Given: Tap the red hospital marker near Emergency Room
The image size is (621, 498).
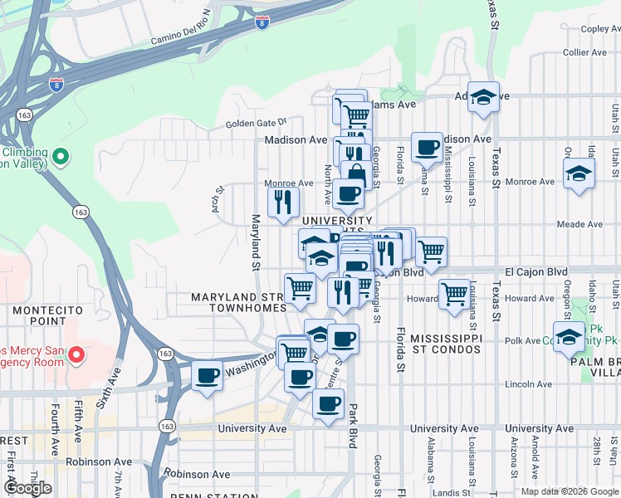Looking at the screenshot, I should pos(76,356).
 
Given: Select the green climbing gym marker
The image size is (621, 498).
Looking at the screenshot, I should pos(60,156).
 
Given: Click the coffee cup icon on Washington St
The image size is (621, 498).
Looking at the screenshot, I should pos(207,375).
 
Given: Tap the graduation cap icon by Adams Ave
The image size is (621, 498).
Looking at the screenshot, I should pos(482,98).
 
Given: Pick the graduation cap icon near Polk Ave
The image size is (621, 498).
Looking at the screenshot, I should pos(569,337).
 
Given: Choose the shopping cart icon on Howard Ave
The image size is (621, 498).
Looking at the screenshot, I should pos(454,293).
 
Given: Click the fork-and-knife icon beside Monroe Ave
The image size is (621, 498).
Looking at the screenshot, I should pos(282,202).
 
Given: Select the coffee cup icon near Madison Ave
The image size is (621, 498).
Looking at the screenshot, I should pos(428,147).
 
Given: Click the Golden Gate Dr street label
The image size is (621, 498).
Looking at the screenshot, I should pos(256,124).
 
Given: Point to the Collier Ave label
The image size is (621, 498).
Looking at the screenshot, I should pos(585,52).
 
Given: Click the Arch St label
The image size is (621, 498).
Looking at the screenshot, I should pos(218,198).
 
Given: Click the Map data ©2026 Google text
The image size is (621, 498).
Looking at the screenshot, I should pos(569,491).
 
